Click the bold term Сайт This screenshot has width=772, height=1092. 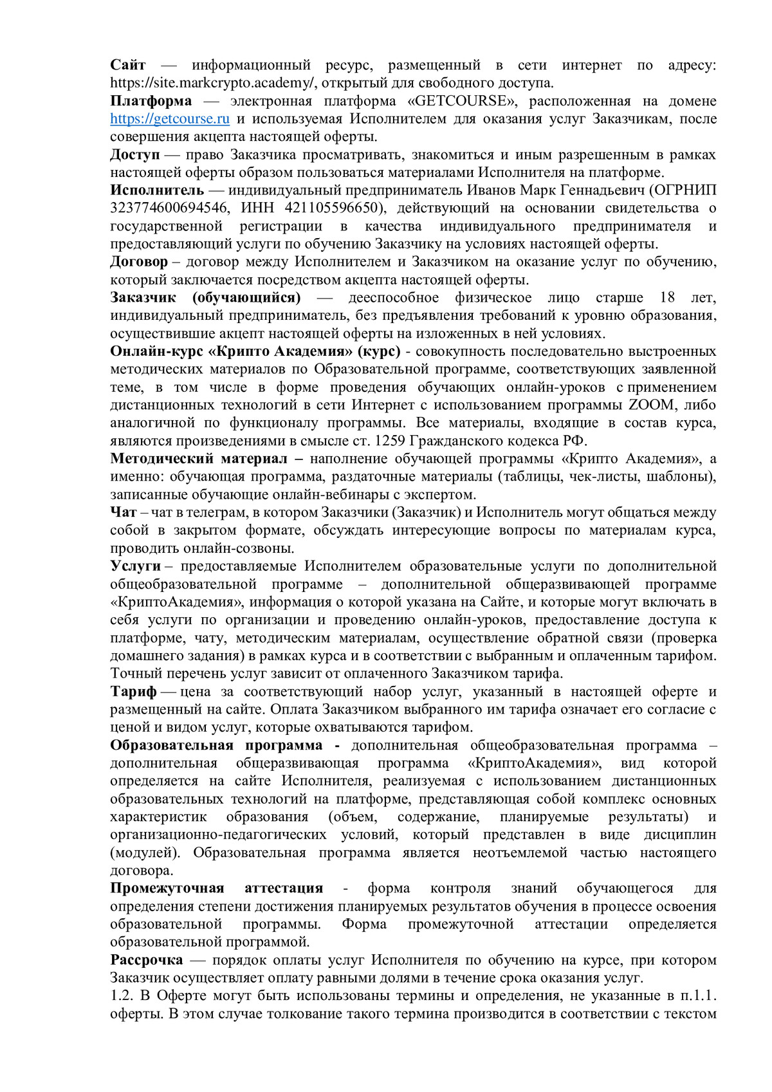click(x=128, y=65)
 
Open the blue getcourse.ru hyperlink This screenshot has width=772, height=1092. click(x=170, y=119)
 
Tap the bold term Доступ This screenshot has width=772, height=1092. click(x=134, y=155)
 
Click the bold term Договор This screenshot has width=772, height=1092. click(x=139, y=262)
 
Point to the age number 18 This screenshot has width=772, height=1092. click(x=667, y=298)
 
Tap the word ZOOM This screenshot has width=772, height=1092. click(x=651, y=405)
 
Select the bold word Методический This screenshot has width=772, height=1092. click(x=161, y=459)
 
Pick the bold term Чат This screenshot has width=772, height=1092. click(x=123, y=513)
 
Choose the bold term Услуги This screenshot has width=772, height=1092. click(x=135, y=566)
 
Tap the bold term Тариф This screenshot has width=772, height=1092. click(x=133, y=692)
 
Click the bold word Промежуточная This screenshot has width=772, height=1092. click(x=167, y=889)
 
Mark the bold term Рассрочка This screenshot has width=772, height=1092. click(x=146, y=960)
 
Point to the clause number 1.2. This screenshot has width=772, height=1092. click(x=120, y=996)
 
